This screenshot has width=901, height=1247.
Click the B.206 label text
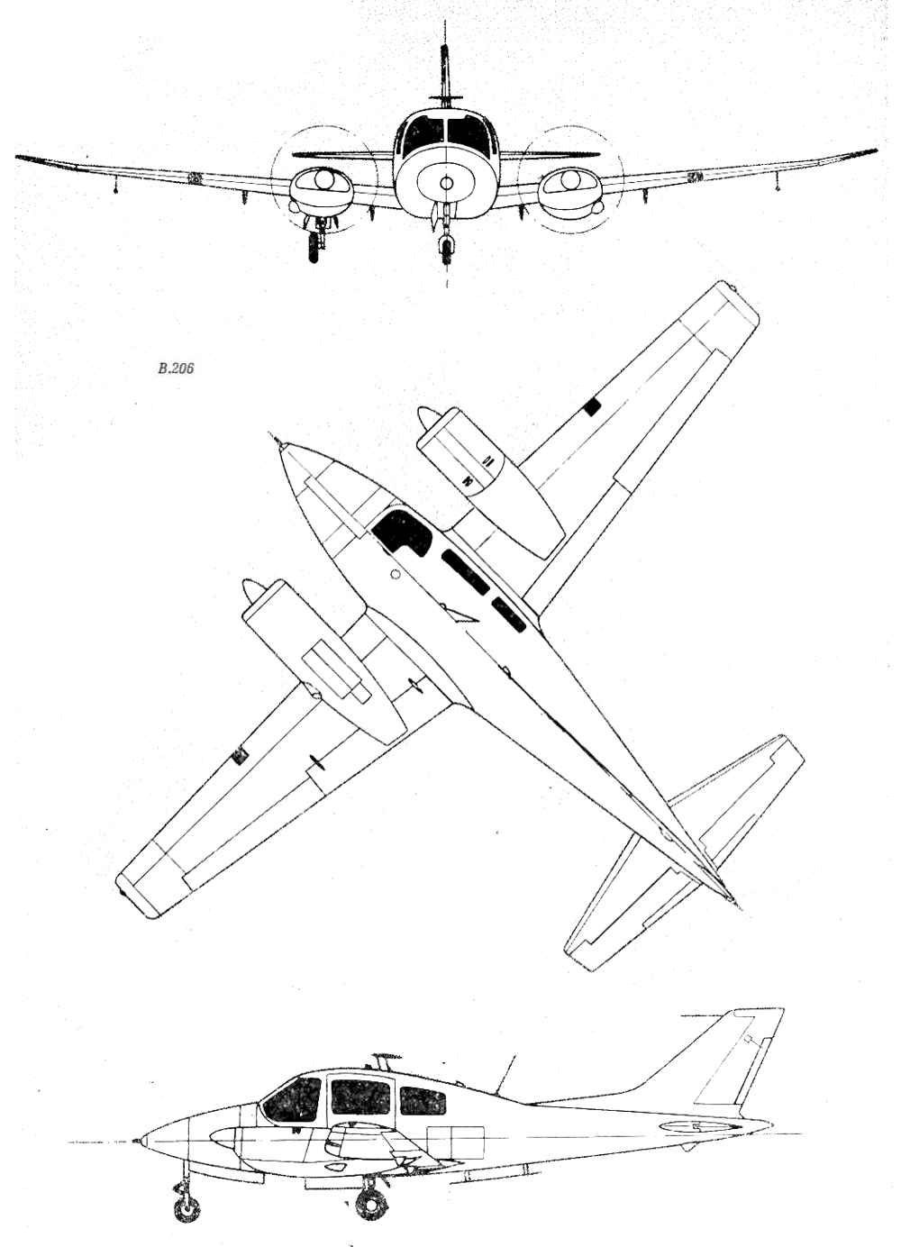176,368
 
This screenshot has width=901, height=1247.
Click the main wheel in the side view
369,1192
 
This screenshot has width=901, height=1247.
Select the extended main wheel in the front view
315,247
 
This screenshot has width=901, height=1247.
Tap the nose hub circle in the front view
445,183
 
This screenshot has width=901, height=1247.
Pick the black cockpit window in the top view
402,532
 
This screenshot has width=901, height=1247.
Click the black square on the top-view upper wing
594,408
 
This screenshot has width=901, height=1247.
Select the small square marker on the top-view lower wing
241,757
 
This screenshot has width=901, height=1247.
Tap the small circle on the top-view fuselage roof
396,574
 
